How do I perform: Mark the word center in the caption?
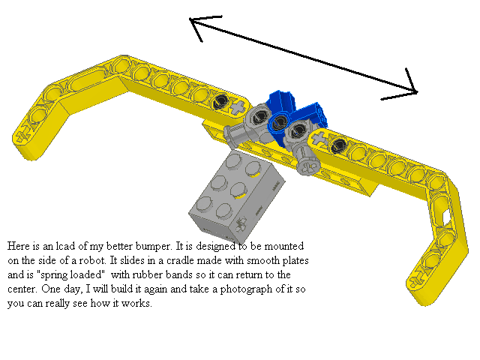pyautogui.click(x=23, y=289)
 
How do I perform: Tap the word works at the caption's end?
pyautogui.click(x=137, y=303)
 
